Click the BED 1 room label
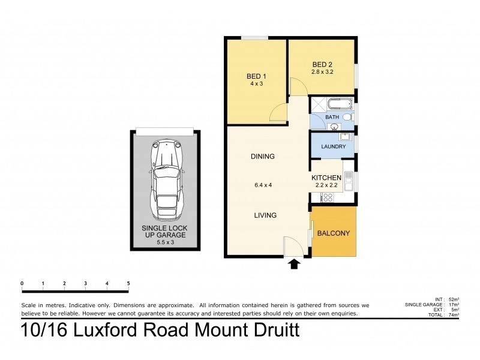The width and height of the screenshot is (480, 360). (x=256, y=76)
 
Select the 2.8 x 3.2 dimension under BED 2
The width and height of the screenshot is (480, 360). (x=322, y=72)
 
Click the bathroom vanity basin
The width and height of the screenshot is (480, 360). (x=334, y=126)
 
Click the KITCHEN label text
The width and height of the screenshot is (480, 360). (x=326, y=178)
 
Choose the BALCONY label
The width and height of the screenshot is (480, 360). (x=333, y=233)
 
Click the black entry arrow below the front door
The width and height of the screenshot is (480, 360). (x=294, y=264)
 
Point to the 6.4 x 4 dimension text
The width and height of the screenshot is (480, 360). (x=263, y=185)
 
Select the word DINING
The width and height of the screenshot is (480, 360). (x=262, y=157)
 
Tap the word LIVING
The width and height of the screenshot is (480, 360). (x=264, y=215)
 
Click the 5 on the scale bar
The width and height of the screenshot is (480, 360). (x=128, y=283)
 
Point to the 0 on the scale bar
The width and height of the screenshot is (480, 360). (x=22, y=283)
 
